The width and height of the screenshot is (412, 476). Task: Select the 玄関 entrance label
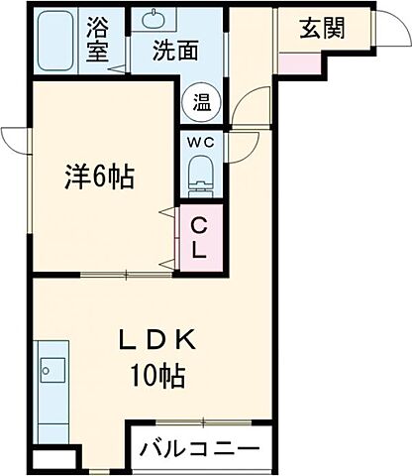[322, 29]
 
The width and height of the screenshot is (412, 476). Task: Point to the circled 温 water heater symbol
[201, 100]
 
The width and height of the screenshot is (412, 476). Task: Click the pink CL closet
[198, 238]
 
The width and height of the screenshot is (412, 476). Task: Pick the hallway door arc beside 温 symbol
[254, 104]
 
